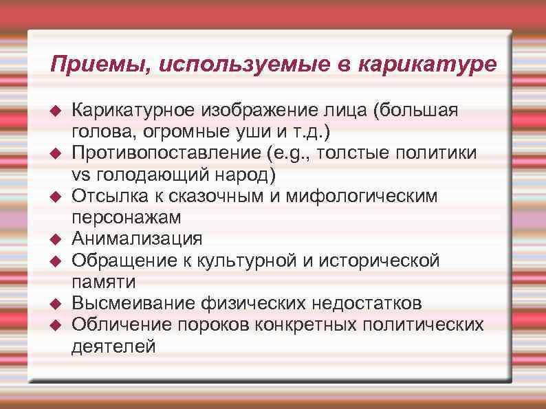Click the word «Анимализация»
[x=138, y=239]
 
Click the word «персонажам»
[x=127, y=218]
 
